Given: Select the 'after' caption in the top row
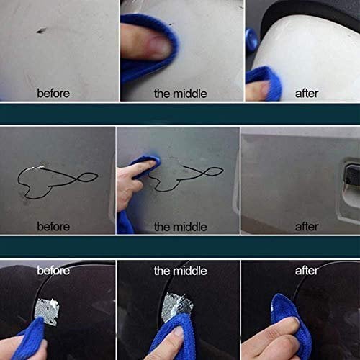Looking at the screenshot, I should pyautogui.click(x=307, y=94).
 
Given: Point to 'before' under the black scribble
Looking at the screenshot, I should pyautogui.click(x=53, y=226).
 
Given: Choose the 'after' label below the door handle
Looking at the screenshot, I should pyautogui.click(x=307, y=226).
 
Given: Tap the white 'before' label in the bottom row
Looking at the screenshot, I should pyautogui.click(x=53, y=271).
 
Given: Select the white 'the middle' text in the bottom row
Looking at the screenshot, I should pyautogui.click(x=180, y=271).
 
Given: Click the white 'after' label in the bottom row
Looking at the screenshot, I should pyautogui.click(x=307, y=271).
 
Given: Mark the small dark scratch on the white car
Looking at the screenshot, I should pyautogui.click(x=41, y=30).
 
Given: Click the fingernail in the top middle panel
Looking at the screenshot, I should pyautogui.click(x=159, y=48).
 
